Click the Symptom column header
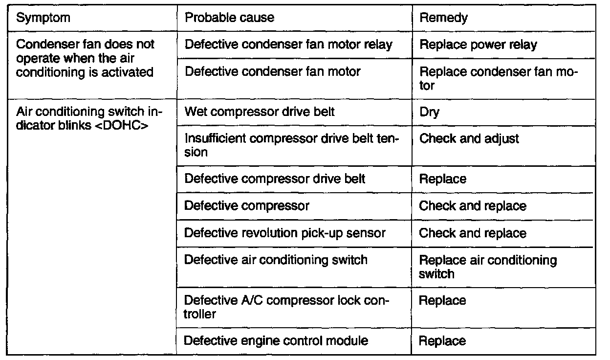44,18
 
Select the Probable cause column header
229,18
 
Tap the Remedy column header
444,18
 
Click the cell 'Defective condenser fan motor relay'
288,45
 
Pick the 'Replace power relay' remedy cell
478,45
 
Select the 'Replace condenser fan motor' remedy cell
499,78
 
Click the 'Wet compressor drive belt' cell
259,112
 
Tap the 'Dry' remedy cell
430,112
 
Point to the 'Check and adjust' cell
469,139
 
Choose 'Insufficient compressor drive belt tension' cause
290,145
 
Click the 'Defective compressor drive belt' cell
275,179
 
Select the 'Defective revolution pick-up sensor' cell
285,233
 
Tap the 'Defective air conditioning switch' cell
276,260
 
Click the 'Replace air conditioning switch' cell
488,267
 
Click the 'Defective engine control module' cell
276,340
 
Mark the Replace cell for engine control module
442,340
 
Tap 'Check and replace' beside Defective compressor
472,206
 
